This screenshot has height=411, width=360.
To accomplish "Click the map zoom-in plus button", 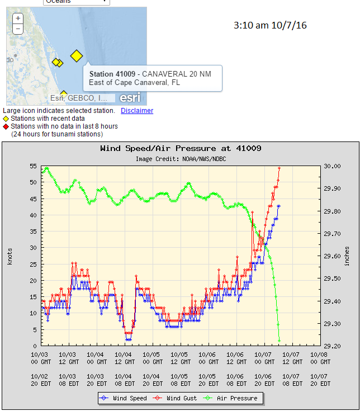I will point(18,18).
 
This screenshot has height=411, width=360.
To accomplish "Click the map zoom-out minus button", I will point(18,29).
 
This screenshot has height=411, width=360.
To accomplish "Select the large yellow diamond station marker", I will point(77,55).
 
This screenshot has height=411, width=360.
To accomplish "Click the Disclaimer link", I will point(137,111).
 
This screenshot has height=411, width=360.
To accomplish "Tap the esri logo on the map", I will point(130,97).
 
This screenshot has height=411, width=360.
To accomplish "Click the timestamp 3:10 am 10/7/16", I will point(270,26).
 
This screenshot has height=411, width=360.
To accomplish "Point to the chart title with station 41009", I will point(181,149).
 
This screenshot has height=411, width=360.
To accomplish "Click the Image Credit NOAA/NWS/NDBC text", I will point(181,159).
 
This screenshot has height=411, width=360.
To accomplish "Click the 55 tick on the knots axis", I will point(32,167).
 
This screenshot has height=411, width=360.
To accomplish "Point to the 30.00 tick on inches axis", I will point(332,167).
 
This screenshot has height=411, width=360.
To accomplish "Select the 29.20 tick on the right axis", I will point(332,346).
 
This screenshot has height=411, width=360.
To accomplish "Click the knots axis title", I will point(10,256).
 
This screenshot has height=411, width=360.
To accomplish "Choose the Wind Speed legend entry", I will point(126,398).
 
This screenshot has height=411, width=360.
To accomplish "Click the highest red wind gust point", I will point(279,168).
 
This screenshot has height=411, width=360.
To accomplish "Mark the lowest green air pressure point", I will point(279,341).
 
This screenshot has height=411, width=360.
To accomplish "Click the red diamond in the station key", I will point(6,126).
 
